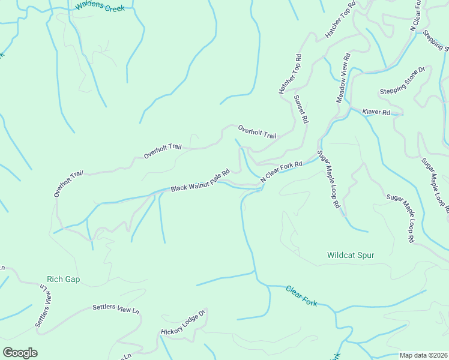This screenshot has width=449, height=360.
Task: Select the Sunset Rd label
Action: (x=301, y=109)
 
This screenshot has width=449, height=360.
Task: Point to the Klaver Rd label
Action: (x=376, y=112)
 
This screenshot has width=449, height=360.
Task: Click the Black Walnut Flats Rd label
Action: (x=200, y=181)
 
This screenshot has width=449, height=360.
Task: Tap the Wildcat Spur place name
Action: (x=351, y=255)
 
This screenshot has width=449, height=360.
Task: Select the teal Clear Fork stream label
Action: (x=301, y=296)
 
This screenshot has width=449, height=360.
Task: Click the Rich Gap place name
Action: (x=64, y=280)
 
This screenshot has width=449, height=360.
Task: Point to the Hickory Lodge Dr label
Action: (x=183, y=323)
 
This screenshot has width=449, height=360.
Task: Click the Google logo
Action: (x=20, y=353)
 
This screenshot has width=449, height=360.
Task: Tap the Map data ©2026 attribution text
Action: (x=423, y=355)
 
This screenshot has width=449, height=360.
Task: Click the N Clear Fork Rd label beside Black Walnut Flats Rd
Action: (x=281, y=172)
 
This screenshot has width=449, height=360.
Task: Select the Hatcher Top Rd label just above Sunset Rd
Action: (x=289, y=74)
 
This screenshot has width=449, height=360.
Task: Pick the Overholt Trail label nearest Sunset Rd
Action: (x=257, y=132)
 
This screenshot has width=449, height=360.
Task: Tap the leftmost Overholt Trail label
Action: (x=68, y=184)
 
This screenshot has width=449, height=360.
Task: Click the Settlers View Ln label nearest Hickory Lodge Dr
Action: (x=116, y=310)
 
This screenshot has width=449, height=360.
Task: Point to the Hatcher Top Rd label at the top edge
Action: (x=340, y=20)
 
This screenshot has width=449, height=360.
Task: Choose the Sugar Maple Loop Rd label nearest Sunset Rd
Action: (x=328, y=179)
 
